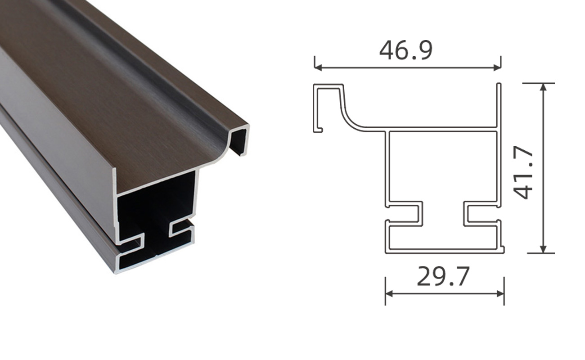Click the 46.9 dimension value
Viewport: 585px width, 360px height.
point(406,50)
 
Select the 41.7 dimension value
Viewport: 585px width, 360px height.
point(523,173)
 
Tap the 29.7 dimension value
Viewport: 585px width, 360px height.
point(443,276)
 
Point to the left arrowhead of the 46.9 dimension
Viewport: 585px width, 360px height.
point(318,67)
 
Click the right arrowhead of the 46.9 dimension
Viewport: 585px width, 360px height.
point(497,67)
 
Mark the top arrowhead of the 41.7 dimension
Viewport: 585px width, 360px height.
point(543,87)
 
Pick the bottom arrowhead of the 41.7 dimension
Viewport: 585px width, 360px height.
point(543,249)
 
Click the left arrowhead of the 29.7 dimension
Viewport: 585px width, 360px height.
point(389,294)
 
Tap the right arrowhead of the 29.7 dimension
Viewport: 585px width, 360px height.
point(500,294)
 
